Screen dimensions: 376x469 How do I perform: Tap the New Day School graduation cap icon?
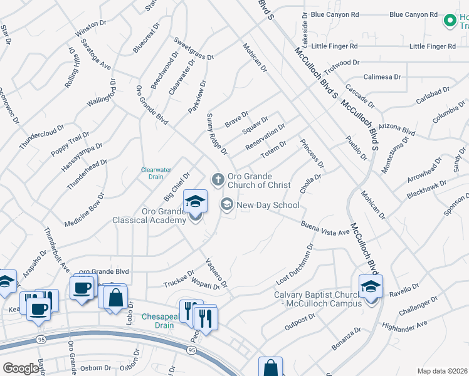pyautogui.click(x=226, y=204)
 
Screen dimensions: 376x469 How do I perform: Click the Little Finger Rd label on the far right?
pyautogui.click(x=432, y=46)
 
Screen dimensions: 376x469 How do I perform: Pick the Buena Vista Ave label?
pyautogui.click(x=324, y=228)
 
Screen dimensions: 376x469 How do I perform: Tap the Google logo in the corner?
pyautogui.click(x=21, y=368)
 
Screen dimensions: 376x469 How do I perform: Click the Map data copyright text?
pyautogui.click(x=441, y=371)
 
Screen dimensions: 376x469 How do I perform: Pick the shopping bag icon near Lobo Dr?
pyautogui.click(x=115, y=298)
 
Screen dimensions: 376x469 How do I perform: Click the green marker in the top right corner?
pyautogui.click(x=450, y=21)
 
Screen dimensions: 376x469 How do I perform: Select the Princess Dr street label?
pyautogui.click(x=312, y=154)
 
